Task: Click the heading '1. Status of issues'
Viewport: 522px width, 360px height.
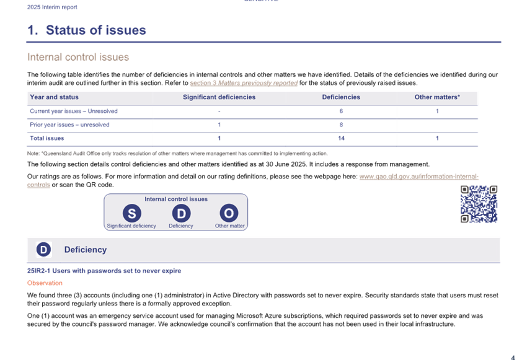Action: click(86, 30)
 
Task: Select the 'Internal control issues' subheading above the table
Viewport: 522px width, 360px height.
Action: click(78, 57)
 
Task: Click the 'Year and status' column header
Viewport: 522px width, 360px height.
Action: click(55, 97)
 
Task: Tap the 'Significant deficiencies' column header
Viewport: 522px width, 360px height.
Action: click(219, 97)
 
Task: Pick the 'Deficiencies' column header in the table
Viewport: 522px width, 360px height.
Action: click(341, 97)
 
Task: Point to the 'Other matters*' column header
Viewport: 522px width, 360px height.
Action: click(437, 97)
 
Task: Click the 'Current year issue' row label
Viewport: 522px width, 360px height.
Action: click(73, 112)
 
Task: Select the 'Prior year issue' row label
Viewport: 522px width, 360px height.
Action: click(69, 125)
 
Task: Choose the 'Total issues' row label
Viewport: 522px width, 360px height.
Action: click(47, 138)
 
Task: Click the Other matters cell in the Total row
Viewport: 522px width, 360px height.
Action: click(437, 138)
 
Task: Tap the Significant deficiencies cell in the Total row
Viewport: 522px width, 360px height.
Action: click(219, 138)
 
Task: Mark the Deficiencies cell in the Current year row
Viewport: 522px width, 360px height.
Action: click(341, 112)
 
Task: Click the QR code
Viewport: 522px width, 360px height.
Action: click(479, 204)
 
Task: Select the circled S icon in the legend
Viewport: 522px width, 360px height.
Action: click(131, 213)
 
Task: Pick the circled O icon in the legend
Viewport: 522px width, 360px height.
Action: click(229, 213)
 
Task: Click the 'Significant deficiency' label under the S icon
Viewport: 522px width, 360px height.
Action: click(131, 226)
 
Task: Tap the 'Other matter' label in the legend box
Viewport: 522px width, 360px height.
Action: click(229, 226)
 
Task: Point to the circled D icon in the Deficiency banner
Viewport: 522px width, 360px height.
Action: click(43, 250)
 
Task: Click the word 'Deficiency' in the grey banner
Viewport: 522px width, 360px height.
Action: click(86, 250)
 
